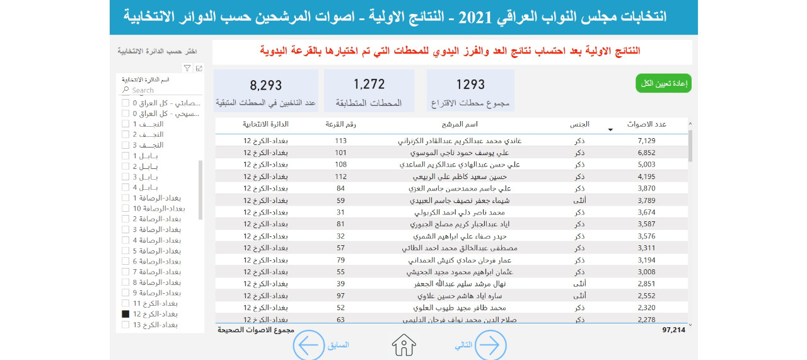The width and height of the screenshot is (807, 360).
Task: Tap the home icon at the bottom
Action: click(404, 345)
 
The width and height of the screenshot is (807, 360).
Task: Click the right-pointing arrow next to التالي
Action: click(490, 345)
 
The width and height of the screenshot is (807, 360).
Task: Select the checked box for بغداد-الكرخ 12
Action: click(126, 314)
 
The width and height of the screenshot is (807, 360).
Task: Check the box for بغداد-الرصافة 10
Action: click(126, 208)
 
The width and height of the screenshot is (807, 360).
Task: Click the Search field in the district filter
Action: click(158, 90)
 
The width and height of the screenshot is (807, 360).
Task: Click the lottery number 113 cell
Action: click(341, 141)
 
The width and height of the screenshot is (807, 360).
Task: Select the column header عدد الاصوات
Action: click(647, 124)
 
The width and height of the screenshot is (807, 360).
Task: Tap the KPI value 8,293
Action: click(266, 85)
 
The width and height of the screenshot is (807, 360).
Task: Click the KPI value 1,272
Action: click(369, 84)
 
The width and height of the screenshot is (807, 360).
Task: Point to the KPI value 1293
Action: click(470, 84)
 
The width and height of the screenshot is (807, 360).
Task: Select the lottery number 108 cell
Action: click(341, 165)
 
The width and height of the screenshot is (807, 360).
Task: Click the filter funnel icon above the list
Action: click(187, 68)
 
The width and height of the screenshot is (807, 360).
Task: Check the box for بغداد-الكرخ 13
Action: click(126, 325)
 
